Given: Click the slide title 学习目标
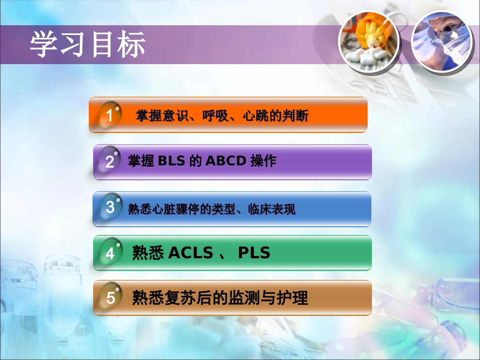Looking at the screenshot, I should pyautogui.click(x=88, y=44).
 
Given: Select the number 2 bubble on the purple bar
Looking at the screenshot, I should pyautogui.click(x=110, y=162).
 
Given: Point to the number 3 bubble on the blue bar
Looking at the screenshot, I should pyautogui.click(x=110, y=207).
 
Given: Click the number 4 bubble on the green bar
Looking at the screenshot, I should pyautogui.click(x=110, y=253).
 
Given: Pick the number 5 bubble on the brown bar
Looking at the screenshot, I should pyautogui.click(x=110, y=298).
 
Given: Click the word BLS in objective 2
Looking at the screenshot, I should pyautogui.click(x=172, y=161).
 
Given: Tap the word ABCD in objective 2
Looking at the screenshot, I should pyautogui.click(x=226, y=161).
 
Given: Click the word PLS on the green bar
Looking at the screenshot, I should pyautogui.click(x=254, y=253).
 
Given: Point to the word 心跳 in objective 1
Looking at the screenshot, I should pyautogui.click(x=253, y=116).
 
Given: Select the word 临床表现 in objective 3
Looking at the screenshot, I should pyautogui.click(x=271, y=209).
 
